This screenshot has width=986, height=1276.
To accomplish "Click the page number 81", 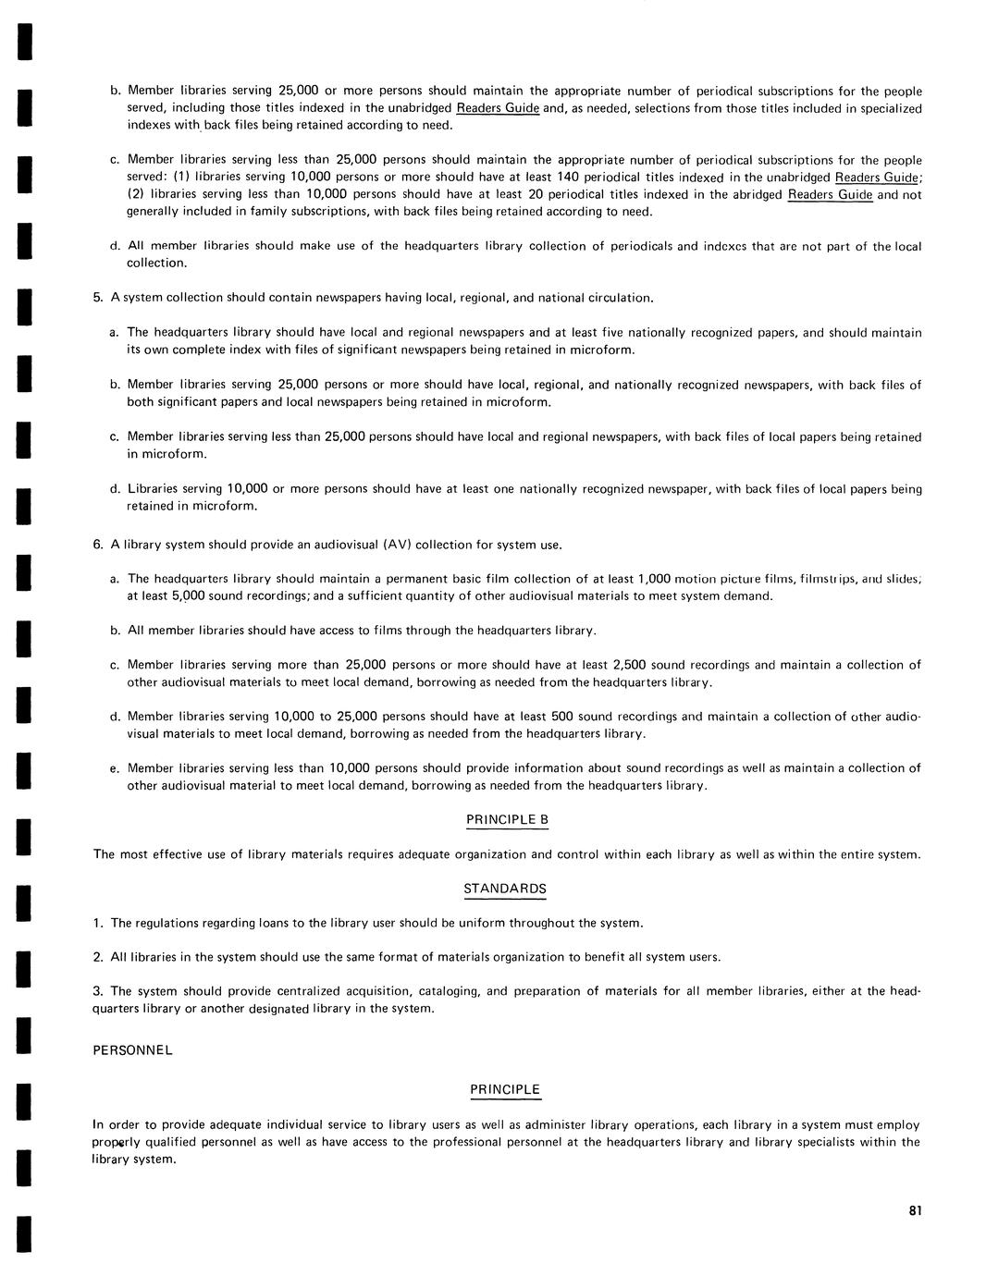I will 916,1211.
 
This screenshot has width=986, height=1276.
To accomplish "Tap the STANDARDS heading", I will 504,889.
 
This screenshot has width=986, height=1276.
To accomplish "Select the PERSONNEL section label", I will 132,1050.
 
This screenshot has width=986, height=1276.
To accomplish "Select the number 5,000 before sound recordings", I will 188,596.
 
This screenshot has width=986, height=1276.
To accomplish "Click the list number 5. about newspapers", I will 97,298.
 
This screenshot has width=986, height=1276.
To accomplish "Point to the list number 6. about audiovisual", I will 97,545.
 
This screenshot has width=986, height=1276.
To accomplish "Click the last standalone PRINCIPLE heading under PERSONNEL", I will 504,1090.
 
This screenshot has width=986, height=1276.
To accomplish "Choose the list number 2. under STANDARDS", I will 97,957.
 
